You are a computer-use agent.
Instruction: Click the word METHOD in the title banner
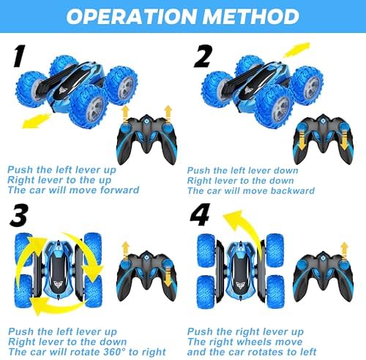[251, 17]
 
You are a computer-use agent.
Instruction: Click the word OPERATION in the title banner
[131, 17]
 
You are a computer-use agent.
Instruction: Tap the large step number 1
[19, 56]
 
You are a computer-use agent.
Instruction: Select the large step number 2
[203, 56]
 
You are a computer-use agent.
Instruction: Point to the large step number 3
[19, 214]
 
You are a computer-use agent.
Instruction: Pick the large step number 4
[200, 214]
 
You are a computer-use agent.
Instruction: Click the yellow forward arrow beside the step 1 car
[37, 121]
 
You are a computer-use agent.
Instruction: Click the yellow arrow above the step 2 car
[296, 50]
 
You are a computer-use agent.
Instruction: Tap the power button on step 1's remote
[146, 121]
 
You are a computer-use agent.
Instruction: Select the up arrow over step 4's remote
[345, 251]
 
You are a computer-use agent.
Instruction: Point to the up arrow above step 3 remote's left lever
[125, 250]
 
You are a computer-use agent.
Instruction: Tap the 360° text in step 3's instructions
[114, 352]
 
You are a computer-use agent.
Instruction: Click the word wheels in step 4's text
[252, 342]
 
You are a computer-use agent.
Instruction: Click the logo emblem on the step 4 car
[241, 285]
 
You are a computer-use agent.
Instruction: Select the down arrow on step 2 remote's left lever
[302, 140]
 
